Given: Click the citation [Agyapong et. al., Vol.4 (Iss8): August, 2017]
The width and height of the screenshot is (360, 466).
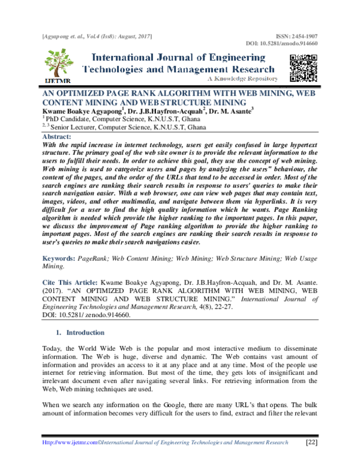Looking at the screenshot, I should tap(97, 37).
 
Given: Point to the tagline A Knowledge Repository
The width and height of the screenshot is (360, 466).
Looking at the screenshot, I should tap(242, 79).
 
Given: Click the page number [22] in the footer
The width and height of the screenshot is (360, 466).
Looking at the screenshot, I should tap(312, 442).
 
